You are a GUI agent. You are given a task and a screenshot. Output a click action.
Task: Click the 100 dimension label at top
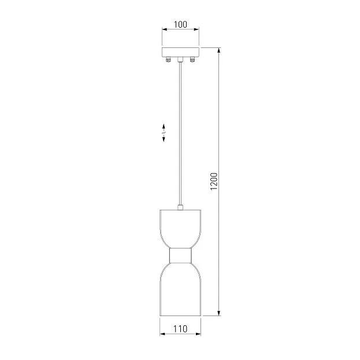tap(180, 24)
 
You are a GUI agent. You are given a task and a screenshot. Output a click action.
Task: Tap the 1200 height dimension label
tap(214, 181)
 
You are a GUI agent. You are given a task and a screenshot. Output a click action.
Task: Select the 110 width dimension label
tap(180, 329)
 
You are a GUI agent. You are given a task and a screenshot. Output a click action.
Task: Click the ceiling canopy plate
tap(180, 52)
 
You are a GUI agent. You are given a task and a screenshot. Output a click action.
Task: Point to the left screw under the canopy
tap(168, 60)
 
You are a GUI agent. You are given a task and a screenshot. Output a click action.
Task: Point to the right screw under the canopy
tap(192, 60)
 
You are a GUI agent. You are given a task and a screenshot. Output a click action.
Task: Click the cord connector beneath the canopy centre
tap(180, 60)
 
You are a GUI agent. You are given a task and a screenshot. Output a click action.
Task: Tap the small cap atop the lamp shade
tap(180, 207)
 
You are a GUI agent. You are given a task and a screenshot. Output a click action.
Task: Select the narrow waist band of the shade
tap(180, 255)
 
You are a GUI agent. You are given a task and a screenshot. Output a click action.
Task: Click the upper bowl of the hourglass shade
tap(180, 229)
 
